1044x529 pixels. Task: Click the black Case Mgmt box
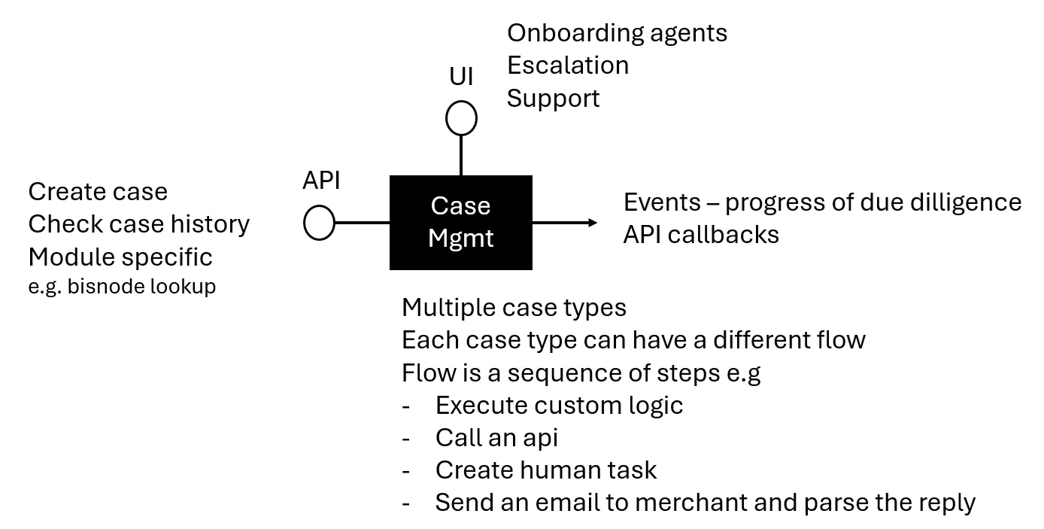click(x=460, y=223)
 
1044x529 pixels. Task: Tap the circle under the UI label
click(x=461, y=119)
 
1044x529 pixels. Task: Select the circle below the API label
click(x=319, y=223)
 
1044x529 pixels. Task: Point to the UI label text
click(x=461, y=76)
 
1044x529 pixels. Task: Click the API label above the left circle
click(x=321, y=181)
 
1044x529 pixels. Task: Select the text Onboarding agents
click(x=617, y=33)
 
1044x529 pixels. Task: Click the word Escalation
click(x=568, y=65)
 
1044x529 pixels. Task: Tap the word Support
click(x=553, y=99)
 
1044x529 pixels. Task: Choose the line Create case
click(x=98, y=192)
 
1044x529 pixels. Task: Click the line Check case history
click(x=139, y=224)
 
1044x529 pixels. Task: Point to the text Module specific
click(x=120, y=257)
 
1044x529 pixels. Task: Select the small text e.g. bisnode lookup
click(x=122, y=287)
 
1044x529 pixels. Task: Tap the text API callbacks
click(x=701, y=235)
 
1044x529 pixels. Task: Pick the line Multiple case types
click(x=514, y=308)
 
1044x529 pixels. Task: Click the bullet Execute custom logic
click(x=559, y=406)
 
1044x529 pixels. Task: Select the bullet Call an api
click(x=496, y=438)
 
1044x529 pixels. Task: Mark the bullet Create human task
click(x=545, y=470)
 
